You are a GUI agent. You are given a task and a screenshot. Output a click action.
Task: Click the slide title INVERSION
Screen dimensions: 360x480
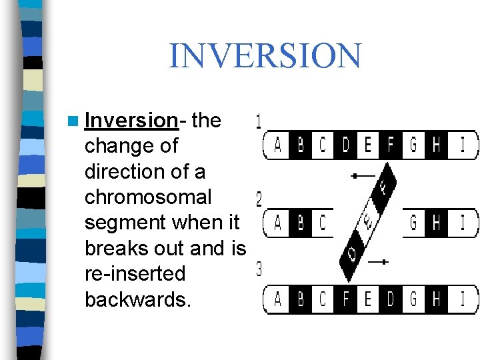[265, 56]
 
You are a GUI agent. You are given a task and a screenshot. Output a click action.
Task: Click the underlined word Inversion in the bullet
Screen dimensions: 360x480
[131, 121]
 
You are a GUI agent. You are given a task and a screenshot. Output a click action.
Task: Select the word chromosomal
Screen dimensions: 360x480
[148, 197]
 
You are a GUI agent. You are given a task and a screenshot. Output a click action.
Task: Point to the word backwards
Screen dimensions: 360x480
[138, 299]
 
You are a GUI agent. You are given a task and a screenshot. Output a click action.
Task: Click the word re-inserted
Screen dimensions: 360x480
[135, 274]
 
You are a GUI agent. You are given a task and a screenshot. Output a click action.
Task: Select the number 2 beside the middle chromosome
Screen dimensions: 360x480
[259, 199]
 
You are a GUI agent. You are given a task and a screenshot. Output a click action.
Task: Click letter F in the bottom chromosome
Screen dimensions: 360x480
[345, 299]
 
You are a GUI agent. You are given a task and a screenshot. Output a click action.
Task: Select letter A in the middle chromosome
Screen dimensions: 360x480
[277, 223]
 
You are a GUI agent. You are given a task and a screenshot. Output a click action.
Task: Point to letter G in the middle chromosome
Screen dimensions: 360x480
[413, 223]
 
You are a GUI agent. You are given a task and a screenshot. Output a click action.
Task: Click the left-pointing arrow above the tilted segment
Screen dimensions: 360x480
[363, 176]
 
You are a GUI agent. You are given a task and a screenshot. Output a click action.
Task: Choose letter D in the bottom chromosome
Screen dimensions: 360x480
[391, 299]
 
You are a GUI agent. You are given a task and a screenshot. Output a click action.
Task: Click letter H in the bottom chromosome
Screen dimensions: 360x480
[436, 299]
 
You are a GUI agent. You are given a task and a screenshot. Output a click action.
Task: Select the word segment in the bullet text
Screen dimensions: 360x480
[120, 223]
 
